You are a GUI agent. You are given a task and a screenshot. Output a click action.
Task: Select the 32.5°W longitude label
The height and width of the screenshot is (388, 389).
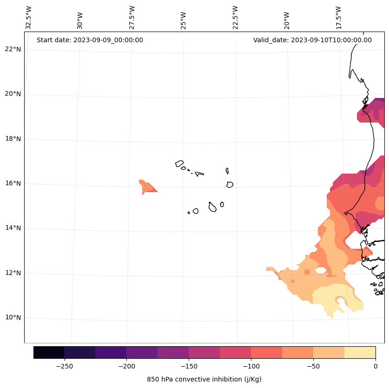(x=29, y=18)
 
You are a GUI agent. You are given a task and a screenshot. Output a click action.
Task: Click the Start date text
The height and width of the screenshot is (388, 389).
(x=90, y=40)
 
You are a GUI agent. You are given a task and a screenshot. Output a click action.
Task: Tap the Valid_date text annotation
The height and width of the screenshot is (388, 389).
(x=312, y=40)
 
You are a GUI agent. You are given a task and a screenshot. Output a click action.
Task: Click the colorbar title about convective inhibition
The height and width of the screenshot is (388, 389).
(x=204, y=379)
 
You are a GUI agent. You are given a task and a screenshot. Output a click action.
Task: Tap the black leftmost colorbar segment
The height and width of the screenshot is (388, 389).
(x=49, y=352)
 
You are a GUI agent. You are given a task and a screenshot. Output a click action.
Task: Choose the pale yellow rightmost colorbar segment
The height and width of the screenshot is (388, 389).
(x=360, y=352)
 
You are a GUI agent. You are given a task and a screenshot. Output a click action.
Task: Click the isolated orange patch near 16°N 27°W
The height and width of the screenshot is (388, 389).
(x=147, y=187)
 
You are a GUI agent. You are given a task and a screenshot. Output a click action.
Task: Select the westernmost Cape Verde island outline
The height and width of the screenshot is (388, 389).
(x=179, y=163)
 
